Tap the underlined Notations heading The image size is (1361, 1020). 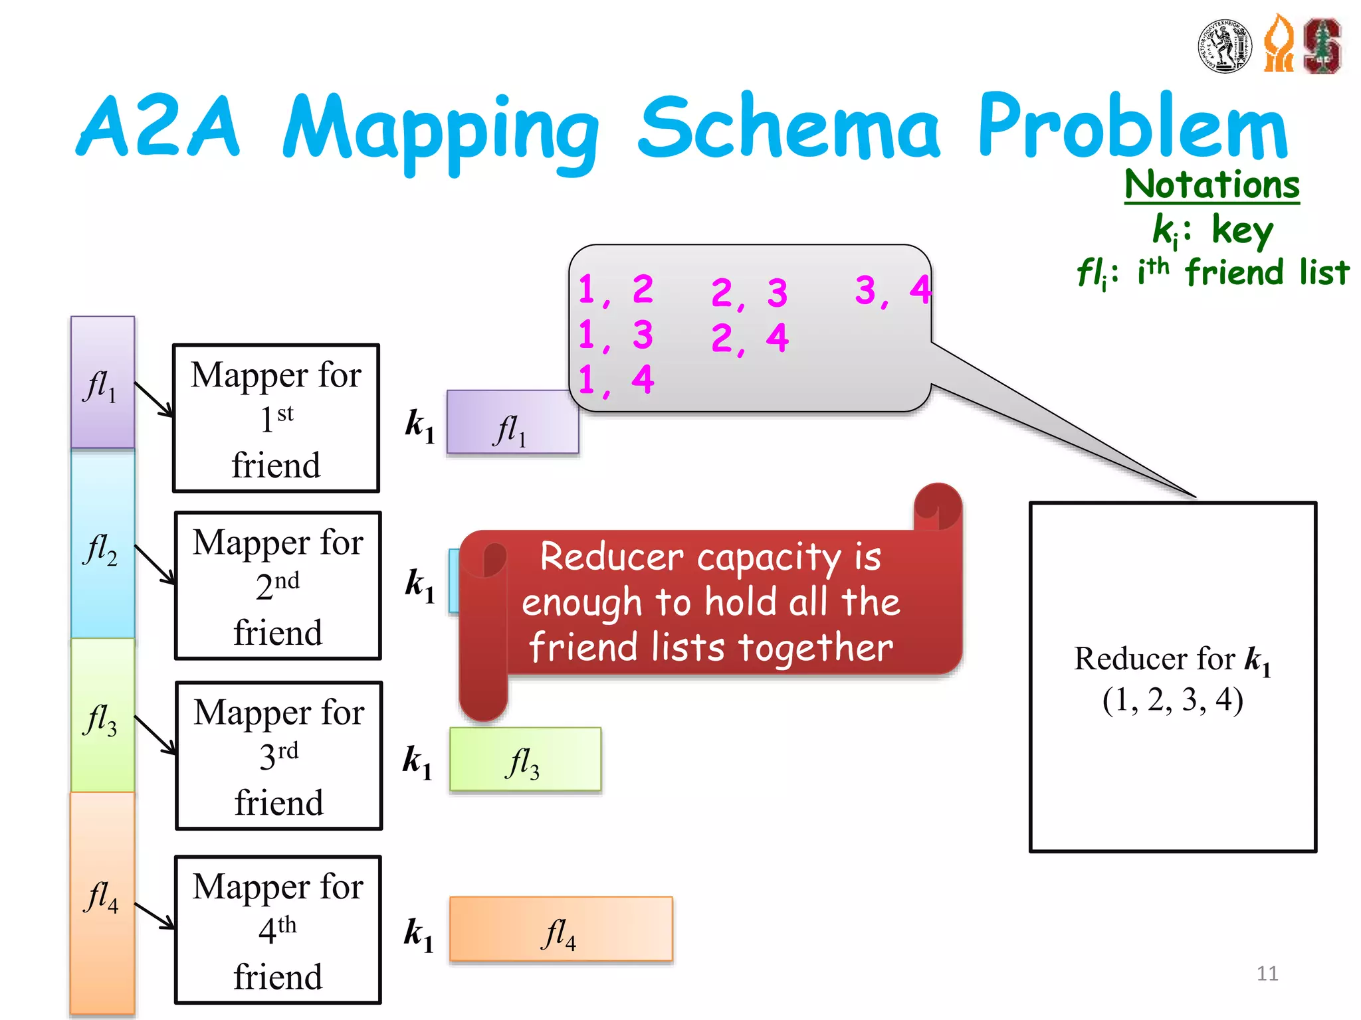pos(1211,185)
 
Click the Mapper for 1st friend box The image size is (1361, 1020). pos(276,418)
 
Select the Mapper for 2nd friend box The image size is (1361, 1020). pos(278,586)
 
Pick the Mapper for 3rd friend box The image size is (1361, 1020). pos(279,756)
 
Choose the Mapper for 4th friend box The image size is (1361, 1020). pos(278,930)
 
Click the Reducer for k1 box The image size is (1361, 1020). pos(1172,677)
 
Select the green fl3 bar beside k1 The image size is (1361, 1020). pos(525,760)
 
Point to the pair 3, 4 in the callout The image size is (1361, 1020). pos(892,291)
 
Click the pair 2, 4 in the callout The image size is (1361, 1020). pos(749,339)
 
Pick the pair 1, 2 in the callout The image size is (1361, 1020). pos(615,290)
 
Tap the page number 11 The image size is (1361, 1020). pos(1267,974)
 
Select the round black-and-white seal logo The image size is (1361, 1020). pos(1225,46)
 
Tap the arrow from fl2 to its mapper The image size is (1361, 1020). pos(155,564)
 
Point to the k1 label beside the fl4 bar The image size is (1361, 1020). pos(419,934)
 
